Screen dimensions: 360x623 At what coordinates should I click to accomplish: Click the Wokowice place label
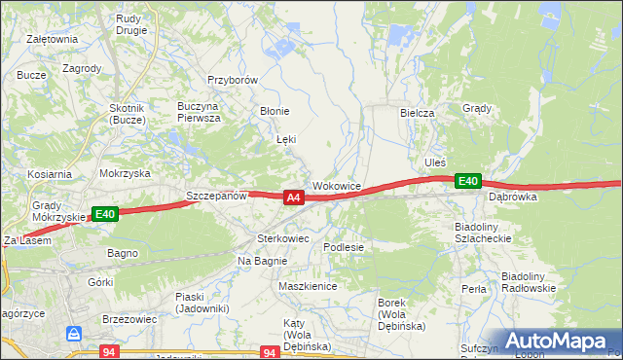(x=337, y=185)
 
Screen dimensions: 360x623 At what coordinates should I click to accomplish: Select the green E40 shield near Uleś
(x=468, y=181)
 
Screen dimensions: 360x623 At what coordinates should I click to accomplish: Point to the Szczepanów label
(x=216, y=196)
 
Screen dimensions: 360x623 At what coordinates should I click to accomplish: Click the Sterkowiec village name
(x=282, y=237)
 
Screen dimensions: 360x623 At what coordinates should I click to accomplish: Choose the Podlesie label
(x=344, y=247)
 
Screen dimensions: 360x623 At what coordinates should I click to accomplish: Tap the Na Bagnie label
(x=262, y=261)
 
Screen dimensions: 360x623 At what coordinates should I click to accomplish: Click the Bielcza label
(x=417, y=113)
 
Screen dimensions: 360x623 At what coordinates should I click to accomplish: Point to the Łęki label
(x=286, y=140)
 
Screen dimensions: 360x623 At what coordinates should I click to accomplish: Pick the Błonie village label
(x=274, y=111)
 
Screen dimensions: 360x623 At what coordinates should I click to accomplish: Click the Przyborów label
(x=232, y=81)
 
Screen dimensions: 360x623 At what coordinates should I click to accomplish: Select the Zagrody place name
(x=82, y=68)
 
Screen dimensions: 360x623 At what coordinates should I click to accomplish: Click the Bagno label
(x=123, y=253)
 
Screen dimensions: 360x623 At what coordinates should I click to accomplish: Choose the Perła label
(x=474, y=289)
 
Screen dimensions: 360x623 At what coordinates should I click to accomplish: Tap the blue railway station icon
(x=75, y=334)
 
